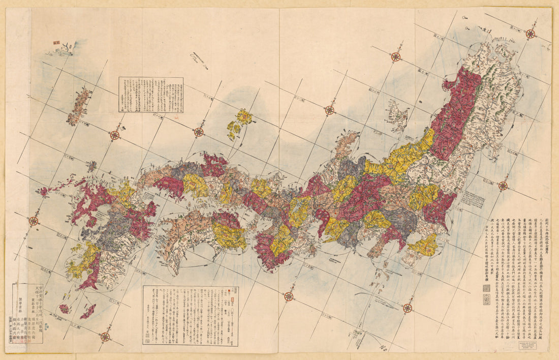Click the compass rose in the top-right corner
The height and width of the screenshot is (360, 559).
(530, 34)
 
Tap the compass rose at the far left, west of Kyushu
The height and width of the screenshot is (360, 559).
(34, 221)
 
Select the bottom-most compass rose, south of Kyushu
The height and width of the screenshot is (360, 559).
(105, 336)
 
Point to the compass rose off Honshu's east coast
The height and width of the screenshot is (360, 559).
(503, 186)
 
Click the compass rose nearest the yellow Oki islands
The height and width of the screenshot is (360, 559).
(199, 132)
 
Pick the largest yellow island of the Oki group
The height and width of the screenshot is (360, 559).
(244, 117)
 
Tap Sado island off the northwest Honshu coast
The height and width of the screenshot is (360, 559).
(398, 116)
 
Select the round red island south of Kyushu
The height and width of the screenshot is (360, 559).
(65, 309)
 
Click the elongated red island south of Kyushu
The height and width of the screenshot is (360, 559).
(87, 311)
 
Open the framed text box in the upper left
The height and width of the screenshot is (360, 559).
(151, 95)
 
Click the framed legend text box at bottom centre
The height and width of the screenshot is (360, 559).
(190, 315)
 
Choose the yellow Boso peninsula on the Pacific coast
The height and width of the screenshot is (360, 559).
(424, 245)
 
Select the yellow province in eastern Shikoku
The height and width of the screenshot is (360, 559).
(229, 235)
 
